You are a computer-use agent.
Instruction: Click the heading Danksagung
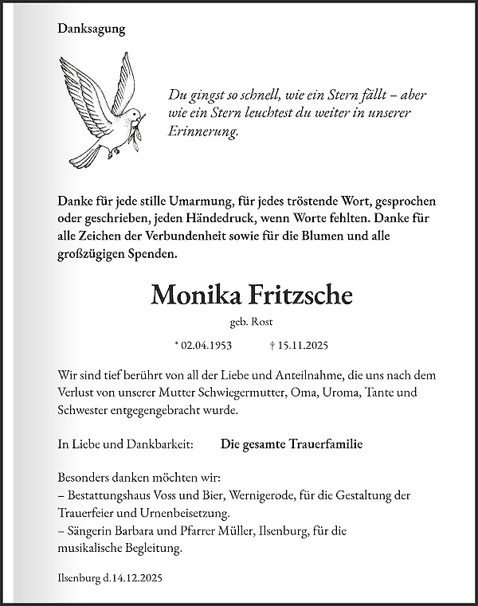point(92,29)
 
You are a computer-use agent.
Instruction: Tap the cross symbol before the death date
point(272,346)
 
